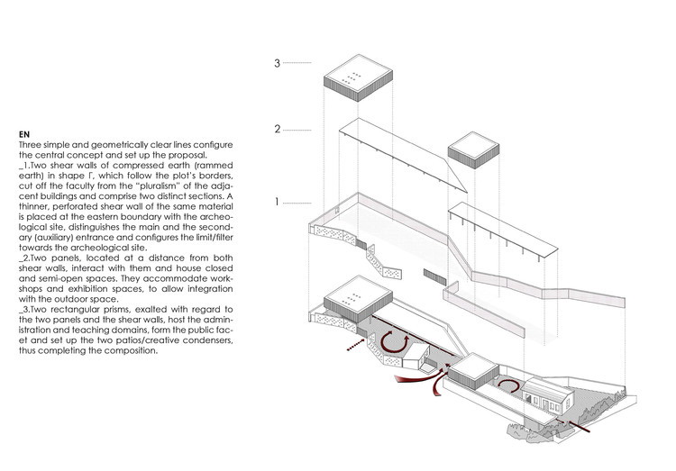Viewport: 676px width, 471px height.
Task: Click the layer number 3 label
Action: (279, 63)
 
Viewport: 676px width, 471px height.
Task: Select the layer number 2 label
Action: (279, 129)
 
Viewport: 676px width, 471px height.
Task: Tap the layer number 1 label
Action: (279, 203)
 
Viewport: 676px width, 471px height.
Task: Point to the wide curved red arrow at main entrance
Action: (419, 382)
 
